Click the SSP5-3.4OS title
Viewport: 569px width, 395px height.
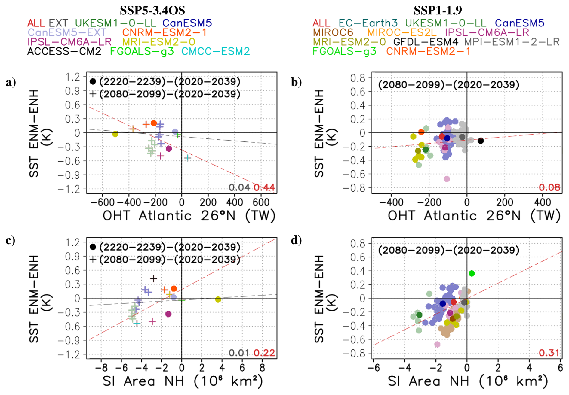pyautogui.click(x=152, y=11)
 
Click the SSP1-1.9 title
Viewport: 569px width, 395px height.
pyautogui.click(x=438, y=11)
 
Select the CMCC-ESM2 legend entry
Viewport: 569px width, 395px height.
pyautogui.click(x=215, y=51)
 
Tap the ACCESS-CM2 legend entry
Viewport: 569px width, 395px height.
pyautogui.click(x=64, y=51)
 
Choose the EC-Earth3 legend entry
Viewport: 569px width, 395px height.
pyautogui.click(x=368, y=23)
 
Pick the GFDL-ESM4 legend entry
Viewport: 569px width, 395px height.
pyautogui.click(x=426, y=42)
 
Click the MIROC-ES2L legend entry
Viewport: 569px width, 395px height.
pyautogui.click(x=401, y=32)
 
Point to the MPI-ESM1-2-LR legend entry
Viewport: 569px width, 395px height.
pyautogui.click(x=512, y=42)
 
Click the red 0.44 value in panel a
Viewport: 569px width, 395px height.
pyautogui.click(x=264, y=187)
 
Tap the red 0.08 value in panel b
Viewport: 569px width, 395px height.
pyautogui.click(x=549, y=187)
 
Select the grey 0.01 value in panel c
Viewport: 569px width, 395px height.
pyautogui.click(x=239, y=353)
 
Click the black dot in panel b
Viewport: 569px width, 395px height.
pyautogui.click(x=481, y=141)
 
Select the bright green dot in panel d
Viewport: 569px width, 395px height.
pyautogui.click(x=472, y=273)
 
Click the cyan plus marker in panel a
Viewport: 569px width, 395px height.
pyautogui.click(x=188, y=158)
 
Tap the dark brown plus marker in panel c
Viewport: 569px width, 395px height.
pyautogui.click(x=153, y=279)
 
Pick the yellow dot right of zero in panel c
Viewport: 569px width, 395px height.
pyautogui.click(x=218, y=299)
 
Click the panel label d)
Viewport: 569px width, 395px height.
pyautogui.click(x=296, y=240)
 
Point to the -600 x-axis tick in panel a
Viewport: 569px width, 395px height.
pyautogui.click(x=102, y=202)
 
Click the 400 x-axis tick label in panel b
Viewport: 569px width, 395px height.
pyautogui.click(x=543, y=202)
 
